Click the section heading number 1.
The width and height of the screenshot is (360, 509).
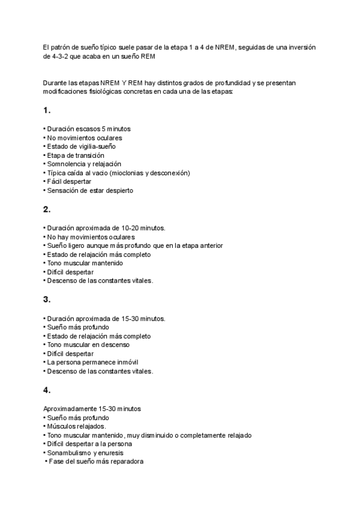point(46,110)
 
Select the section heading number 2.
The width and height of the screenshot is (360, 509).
point(46,209)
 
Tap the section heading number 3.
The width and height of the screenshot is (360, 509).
point(46,300)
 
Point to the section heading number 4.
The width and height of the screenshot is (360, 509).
point(46,390)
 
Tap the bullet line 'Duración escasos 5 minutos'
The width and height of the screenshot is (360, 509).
point(87,129)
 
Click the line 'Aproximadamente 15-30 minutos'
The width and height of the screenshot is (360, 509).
point(92,409)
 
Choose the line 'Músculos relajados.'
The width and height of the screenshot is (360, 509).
point(75,426)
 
